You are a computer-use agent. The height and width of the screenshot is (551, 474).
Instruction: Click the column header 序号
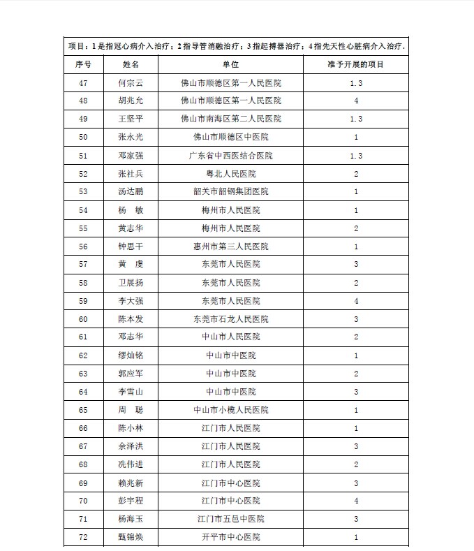pyautogui.click(x=84, y=64)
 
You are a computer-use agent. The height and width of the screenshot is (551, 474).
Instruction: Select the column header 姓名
pyautogui.click(x=131, y=64)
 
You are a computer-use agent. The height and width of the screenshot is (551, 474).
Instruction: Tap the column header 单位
pyautogui.click(x=230, y=64)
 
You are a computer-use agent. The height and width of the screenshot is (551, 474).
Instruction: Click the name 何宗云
pyautogui.click(x=131, y=82)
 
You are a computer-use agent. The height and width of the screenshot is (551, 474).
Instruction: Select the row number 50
pyautogui.click(x=84, y=137)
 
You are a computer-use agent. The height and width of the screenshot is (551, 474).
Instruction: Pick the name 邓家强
pyautogui.click(x=131, y=155)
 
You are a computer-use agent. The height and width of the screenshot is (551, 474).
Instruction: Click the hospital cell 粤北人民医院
pyautogui.click(x=230, y=173)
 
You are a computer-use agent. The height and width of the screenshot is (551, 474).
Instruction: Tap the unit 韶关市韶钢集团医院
pyautogui.click(x=230, y=191)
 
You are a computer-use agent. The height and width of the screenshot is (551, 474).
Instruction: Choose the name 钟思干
pyautogui.click(x=131, y=246)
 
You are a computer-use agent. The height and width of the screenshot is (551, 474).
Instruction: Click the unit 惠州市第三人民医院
pyautogui.click(x=230, y=246)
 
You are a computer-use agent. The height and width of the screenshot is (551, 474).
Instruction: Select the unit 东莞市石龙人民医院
pyautogui.click(x=230, y=319)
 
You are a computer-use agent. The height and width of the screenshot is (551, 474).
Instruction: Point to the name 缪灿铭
pyautogui.click(x=131, y=355)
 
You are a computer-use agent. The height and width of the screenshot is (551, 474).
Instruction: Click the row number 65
pyautogui.click(x=84, y=410)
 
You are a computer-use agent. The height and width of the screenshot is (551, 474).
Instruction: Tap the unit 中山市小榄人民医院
pyautogui.click(x=230, y=410)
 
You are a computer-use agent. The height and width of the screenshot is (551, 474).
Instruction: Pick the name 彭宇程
pyautogui.click(x=131, y=501)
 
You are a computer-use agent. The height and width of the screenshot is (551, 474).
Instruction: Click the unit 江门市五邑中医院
pyautogui.click(x=230, y=519)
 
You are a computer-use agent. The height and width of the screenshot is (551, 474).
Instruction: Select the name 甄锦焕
pyautogui.click(x=131, y=537)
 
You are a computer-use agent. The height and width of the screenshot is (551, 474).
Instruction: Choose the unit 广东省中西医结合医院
pyautogui.click(x=230, y=155)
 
